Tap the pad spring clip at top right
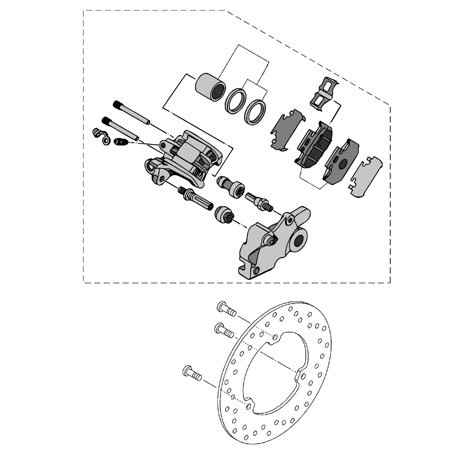click(x=325, y=93)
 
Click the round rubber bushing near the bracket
click(x=224, y=214)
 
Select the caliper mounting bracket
click(x=269, y=246)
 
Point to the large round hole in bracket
click(x=299, y=240)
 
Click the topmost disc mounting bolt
click(x=226, y=310)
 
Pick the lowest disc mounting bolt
click(x=192, y=373)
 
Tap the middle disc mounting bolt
click(x=223, y=330)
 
